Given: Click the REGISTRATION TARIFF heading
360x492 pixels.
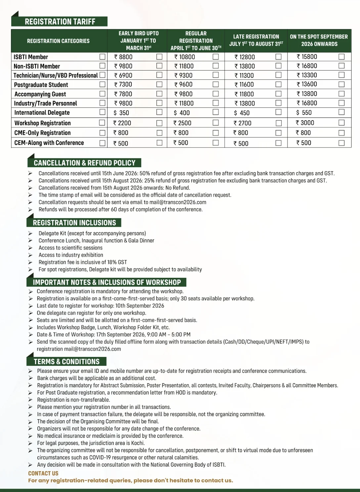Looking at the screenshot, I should click(60, 22).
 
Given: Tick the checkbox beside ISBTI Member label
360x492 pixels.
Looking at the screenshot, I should click(103, 57).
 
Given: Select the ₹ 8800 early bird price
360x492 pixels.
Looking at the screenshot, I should click(123, 57).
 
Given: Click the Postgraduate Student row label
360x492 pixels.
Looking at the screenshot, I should click(41, 85).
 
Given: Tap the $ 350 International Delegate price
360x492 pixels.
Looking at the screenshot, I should click(121, 113).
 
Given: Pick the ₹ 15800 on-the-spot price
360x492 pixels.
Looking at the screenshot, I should click(307, 57).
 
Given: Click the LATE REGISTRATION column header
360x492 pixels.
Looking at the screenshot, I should click(256, 40).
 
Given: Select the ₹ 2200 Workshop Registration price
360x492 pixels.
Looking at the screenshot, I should click(122, 123).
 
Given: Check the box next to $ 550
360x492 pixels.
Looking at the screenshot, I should click(341, 112).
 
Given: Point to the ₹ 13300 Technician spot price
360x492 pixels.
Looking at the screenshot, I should click(307, 75).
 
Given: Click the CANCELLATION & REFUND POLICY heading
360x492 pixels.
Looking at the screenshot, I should click(84, 163).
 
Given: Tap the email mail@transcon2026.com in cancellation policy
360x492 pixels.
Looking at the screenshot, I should click(178, 202).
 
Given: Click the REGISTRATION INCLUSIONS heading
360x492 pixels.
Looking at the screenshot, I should click(74, 223).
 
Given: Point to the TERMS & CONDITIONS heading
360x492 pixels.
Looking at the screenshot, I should click(67, 362).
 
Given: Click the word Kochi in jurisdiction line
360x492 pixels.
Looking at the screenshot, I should click(138, 443).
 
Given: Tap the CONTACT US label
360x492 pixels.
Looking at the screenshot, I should click(43, 473).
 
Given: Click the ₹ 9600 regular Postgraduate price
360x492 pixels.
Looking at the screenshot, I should click(183, 84).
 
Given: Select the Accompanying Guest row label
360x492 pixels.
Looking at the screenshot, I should click(40, 94).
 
